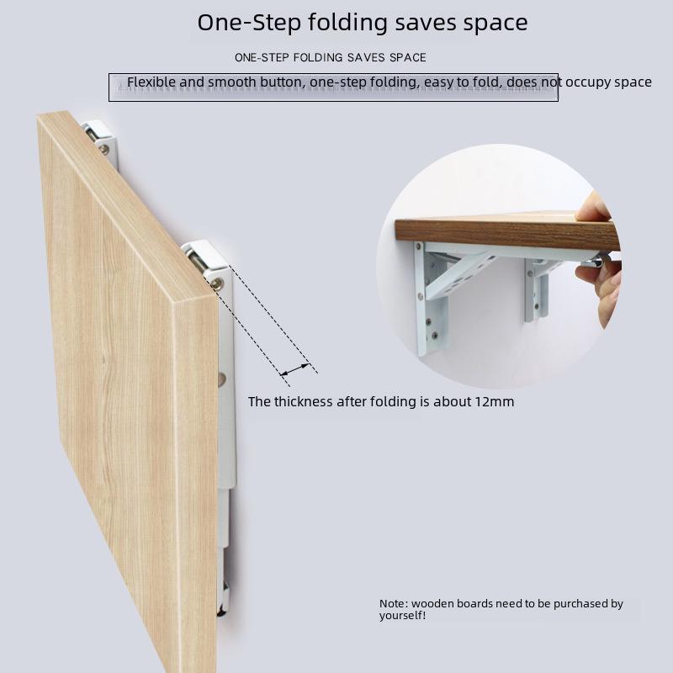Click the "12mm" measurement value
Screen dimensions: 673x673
(494, 402)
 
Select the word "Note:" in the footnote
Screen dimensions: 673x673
(394, 604)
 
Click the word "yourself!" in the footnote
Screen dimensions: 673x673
(402, 616)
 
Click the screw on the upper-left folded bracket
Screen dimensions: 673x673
(103, 150)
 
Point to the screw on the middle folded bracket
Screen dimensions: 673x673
(218, 284)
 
